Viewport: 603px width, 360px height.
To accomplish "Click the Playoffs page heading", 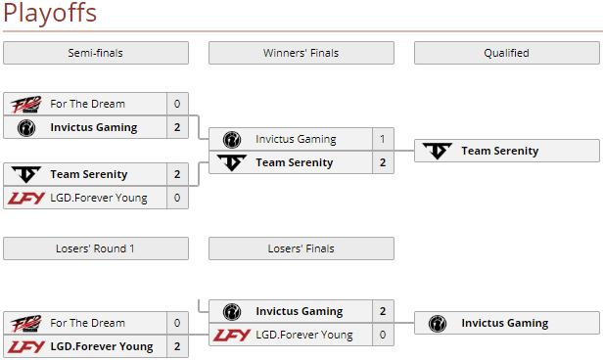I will pyautogui.click(x=50, y=14).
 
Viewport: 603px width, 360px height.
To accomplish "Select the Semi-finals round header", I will pyautogui.click(x=95, y=53).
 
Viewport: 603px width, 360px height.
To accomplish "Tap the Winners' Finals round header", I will pyautogui.click(x=301, y=53).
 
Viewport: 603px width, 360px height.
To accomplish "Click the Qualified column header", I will pyautogui.click(x=506, y=53).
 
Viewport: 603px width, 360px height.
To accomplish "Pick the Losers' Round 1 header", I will pyautogui.click(x=95, y=248).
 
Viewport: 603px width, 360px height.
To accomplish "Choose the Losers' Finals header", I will pyautogui.click(x=301, y=248).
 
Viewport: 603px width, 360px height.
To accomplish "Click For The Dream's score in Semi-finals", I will pyautogui.click(x=177, y=104).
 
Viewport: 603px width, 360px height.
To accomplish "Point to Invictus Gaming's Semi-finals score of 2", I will pyautogui.click(x=177, y=127).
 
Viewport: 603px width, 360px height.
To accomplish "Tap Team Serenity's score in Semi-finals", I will pyautogui.click(x=177, y=174).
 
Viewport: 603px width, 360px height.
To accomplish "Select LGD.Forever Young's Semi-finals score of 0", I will pyautogui.click(x=177, y=198).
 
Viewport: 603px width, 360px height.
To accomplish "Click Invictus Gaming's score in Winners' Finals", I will pyautogui.click(x=383, y=139).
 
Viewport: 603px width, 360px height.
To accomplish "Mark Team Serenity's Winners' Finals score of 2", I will pyautogui.click(x=383, y=162).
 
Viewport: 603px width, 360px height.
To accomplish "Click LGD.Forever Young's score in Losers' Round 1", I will pyautogui.click(x=177, y=346).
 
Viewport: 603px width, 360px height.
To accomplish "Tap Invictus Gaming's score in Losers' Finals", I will pyautogui.click(x=383, y=311).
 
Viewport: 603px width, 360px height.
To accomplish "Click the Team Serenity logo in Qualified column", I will pyautogui.click(x=438, y=151).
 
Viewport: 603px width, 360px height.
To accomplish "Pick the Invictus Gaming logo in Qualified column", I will pyautogui.click(x=438, y=323).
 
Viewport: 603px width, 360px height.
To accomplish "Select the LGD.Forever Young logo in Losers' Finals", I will pyautogui.click(x=232, y=335).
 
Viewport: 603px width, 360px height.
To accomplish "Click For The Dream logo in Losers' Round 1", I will pyautogui.click(x=26, y=323).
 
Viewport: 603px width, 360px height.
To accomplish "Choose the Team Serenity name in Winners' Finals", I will pyautogui.click(x=295, y=162).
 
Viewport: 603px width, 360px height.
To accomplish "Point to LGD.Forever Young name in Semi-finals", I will pyautogui.click(x=99, y=198).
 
